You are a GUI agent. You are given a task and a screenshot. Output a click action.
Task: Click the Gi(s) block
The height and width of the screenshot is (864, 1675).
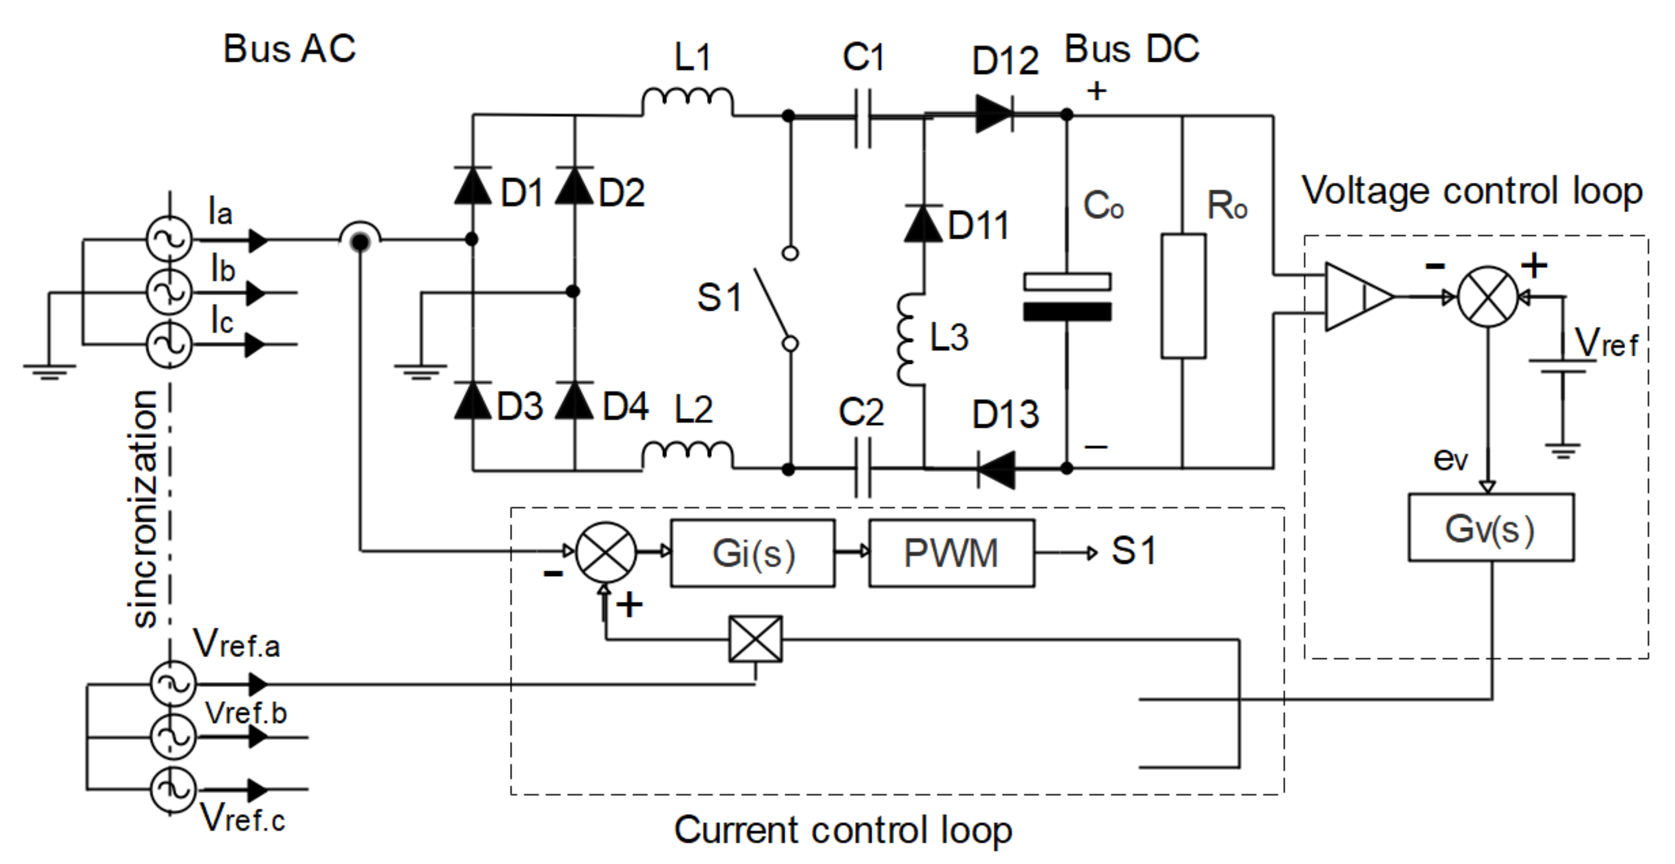tap(752, 553)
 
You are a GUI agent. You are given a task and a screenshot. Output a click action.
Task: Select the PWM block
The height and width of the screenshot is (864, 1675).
tap(952, 553)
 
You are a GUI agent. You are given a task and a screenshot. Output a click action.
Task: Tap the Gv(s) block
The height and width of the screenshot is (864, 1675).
tap(1490, 527)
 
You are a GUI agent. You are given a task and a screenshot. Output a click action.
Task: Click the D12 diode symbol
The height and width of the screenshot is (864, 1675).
tap(994, 115)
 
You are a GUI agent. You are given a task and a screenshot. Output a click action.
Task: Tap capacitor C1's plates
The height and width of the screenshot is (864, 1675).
tap(863, 118)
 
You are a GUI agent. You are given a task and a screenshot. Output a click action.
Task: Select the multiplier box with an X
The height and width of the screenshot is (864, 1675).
tap(755, 639)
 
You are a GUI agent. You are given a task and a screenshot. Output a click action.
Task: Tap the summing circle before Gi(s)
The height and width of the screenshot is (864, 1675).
tap(606, 552)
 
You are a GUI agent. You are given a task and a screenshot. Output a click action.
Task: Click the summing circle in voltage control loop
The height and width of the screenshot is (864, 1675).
tap(1488, 296)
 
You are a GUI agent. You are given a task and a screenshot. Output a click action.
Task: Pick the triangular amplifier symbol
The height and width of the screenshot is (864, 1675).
tap(1356, 296)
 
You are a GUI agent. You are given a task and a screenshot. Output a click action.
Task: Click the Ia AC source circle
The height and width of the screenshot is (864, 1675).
tap(170, 239)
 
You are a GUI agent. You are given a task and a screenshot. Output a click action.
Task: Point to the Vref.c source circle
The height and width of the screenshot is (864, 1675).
tap(172, 790)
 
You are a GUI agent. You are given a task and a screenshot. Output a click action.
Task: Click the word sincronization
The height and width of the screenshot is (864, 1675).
tap(145, 508)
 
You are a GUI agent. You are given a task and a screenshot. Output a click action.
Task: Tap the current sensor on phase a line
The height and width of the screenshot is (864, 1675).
tap(360, 240)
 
